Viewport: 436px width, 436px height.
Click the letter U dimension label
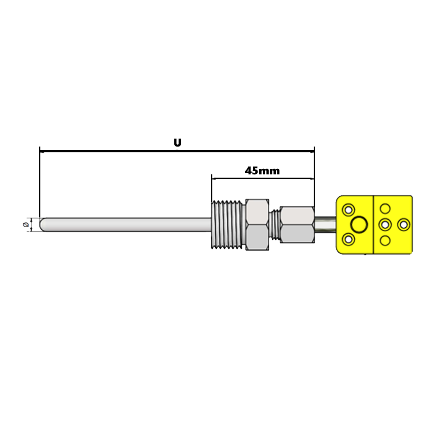pyautogui.click(x=177, y=143)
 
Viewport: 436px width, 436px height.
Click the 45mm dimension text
pyautogui.click(x=262, y=170)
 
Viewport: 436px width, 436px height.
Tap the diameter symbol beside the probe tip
pyautogui.click(x=26, y=225)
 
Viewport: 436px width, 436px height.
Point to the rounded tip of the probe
pyautogui.click(x=42, y=225)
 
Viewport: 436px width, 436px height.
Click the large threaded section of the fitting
pyautogui.click(x=227, y=224)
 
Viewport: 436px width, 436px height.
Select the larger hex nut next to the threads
pyautogui.click(x=257, y=225)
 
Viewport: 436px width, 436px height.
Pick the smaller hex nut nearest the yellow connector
pyautogui.click(x=297, y=225)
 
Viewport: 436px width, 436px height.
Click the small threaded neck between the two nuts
pyautogui.click(x=275, y=225)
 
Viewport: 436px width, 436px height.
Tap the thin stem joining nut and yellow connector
pyautogui.click(x=325, y=225)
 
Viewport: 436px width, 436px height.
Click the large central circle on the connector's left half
pyautogui.click(x=359, y=225)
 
